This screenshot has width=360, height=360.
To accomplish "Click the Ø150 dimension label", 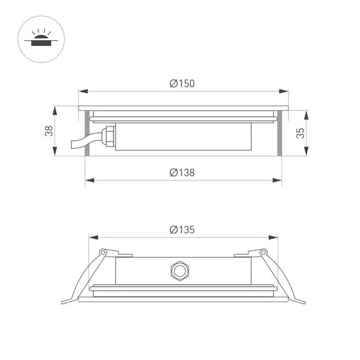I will point(182,83).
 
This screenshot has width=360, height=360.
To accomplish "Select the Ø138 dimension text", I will point(182,173).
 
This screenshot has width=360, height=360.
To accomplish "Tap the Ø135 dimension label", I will point(182,230).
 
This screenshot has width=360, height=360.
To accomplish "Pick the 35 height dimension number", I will point(299,134).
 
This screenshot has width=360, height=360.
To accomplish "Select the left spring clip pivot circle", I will point(102,252).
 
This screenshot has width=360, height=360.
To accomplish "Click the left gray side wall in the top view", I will point(86,134).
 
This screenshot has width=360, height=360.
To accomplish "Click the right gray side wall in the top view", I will point(280,134).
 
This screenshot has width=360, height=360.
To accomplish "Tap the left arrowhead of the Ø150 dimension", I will point(80,91).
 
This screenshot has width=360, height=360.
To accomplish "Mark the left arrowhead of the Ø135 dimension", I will point(91,238).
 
